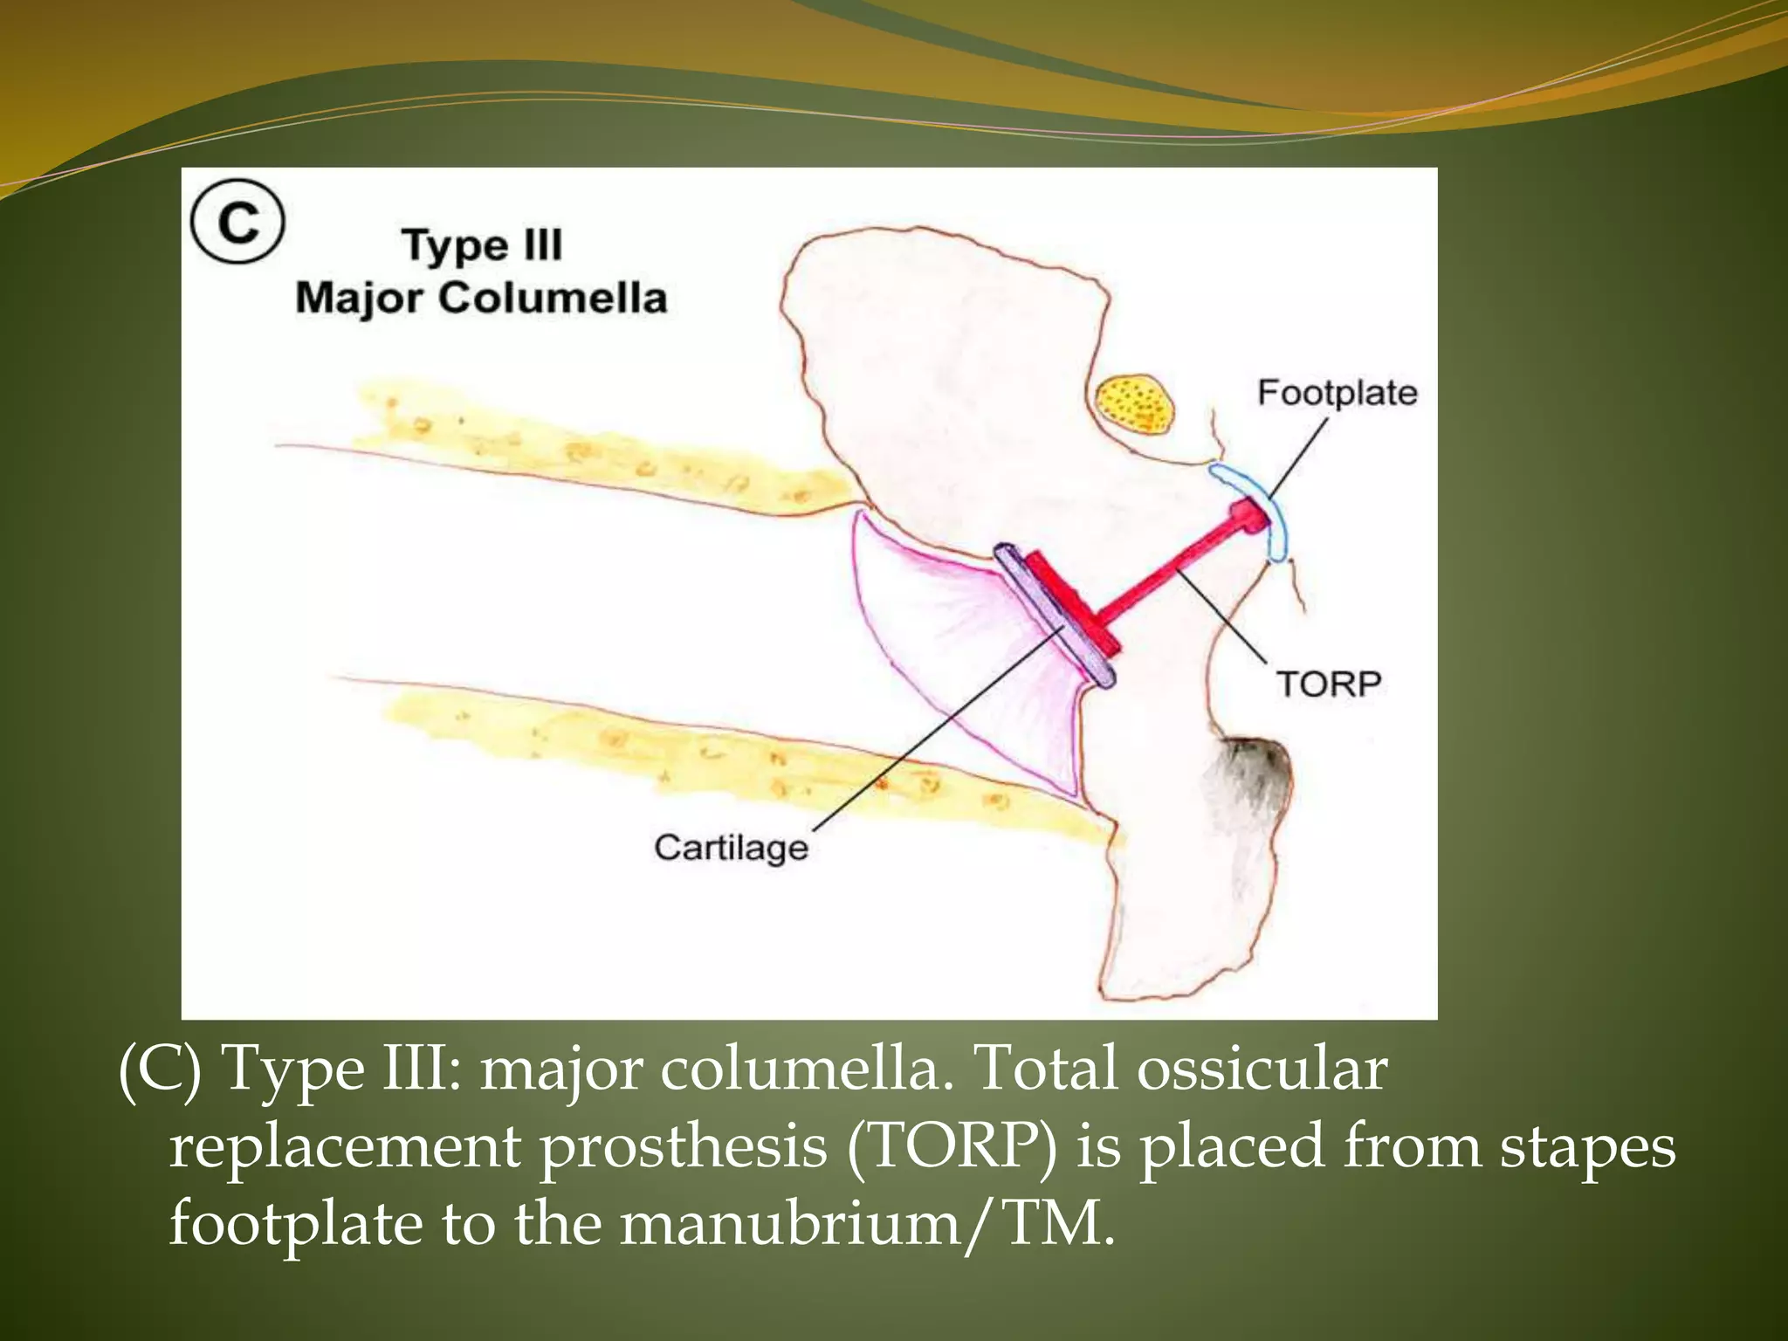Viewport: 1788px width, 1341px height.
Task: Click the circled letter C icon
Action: (x=237, y=222)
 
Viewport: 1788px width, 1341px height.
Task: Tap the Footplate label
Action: (x=1337, y=393)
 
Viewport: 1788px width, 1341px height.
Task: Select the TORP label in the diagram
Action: (x=1328, y=684)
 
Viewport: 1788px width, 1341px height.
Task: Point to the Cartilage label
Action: (x=731, y=848)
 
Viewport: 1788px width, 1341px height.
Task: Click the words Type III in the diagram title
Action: (x=482, y=245)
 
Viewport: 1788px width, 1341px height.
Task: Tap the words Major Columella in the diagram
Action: (x=481, y=299)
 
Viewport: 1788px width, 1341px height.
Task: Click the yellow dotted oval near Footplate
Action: (x=1135, y=404)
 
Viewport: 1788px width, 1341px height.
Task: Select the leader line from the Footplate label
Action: (x=1298, y=457)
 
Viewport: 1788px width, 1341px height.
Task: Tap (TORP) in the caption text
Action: (x=951, y=1145)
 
